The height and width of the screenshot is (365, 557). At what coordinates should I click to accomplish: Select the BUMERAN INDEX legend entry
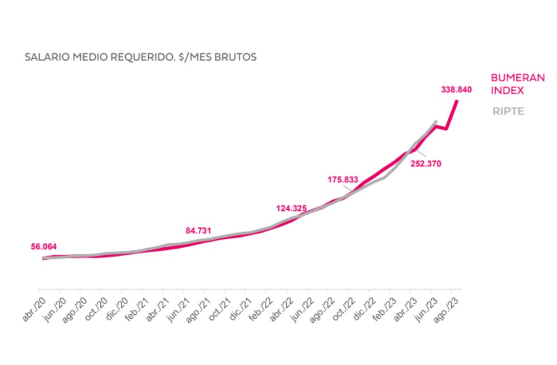[517, 84]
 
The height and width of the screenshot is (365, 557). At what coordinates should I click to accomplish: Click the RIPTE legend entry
[508, 111]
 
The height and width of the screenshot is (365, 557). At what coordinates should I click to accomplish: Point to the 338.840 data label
[456, 89]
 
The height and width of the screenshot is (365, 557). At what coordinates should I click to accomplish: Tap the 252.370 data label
[426, 164]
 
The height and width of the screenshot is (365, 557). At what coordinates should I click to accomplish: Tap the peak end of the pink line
[457, 101]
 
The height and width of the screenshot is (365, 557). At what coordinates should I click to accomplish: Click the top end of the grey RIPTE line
[436, 121]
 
